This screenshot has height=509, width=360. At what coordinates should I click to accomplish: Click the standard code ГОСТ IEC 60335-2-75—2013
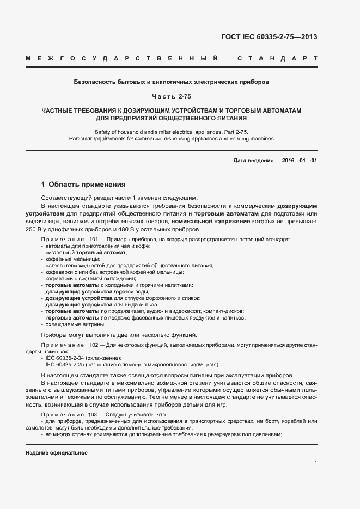269,37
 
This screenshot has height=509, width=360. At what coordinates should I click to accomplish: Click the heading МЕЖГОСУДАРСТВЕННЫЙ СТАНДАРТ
171,58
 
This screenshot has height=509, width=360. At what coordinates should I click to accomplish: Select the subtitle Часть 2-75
171,96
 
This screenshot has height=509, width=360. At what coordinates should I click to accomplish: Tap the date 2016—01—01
298,160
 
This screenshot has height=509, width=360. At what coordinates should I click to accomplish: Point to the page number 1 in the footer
316,463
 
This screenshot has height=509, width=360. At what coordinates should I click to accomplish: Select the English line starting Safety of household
171,132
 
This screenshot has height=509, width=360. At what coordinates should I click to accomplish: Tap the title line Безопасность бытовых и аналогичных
171,82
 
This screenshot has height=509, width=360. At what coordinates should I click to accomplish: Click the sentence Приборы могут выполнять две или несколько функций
119,335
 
